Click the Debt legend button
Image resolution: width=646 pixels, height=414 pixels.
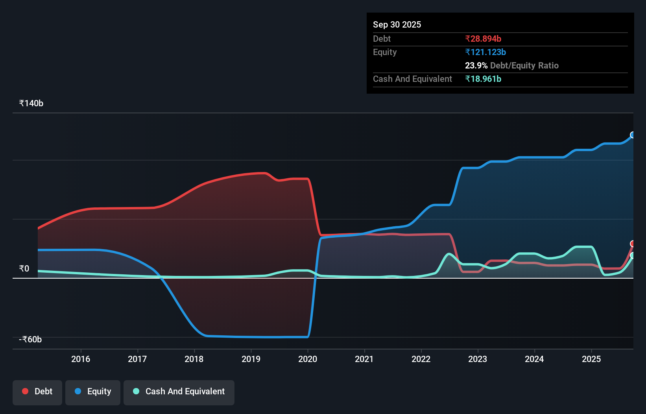tap(37, 392)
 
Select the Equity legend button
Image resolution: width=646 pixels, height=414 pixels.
tap(93, 392)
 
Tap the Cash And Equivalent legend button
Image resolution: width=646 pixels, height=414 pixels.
tap(179, 392)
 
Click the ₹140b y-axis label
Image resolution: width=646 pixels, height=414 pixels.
tap(31, 103)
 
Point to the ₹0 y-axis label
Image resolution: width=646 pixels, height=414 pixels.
tap(24, 269)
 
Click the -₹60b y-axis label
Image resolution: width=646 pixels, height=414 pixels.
tap(30, 340)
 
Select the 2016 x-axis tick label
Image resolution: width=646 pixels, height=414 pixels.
tap(81, 359)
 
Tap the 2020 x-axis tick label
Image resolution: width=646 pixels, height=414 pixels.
tap(308, 359)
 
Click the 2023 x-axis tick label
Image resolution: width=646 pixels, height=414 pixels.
tap(478, 359)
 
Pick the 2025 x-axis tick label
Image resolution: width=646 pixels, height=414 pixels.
tap(591, 359)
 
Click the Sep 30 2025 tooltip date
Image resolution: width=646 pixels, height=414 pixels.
tap(397, 24)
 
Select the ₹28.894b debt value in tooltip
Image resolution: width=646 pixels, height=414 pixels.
tap(483, 39)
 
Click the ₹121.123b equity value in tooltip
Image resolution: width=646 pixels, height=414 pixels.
tap(485, 52)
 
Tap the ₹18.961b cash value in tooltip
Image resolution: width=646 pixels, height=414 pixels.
tap(483, 79)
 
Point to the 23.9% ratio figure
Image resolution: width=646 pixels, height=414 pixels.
tap(476, 65)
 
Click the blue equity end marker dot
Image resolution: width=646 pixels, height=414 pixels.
tap(633, 135)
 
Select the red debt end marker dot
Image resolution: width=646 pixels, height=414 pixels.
tap(633, 244)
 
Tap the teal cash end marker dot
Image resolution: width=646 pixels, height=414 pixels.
tap(633, 255)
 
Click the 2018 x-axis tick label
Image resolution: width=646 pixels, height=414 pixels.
tap(194, 359)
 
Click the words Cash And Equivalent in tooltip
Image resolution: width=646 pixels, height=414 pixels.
tap(412, 79)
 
